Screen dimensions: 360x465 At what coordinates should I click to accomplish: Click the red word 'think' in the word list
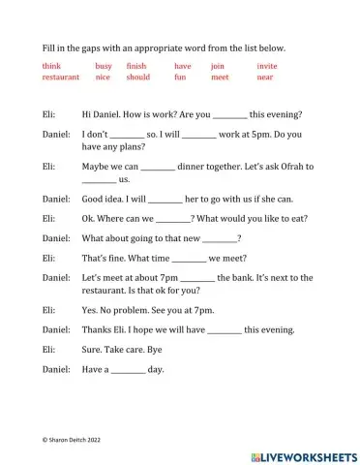point(51,66)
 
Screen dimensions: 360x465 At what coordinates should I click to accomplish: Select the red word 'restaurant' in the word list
point(61,77)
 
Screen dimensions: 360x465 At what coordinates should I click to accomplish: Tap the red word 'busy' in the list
point(104,66)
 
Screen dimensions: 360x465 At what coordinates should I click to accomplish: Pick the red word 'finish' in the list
point(136,66)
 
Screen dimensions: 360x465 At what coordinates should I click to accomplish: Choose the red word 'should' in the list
point(138,77)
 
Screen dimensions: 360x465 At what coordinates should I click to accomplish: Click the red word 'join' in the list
point(217,66)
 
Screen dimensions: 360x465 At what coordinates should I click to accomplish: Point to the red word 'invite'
point(267,66)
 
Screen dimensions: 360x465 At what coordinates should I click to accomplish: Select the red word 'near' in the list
point(265,77)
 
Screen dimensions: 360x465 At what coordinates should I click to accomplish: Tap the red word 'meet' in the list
point(220,77)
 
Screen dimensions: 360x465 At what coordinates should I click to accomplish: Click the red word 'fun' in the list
point(181,77)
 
